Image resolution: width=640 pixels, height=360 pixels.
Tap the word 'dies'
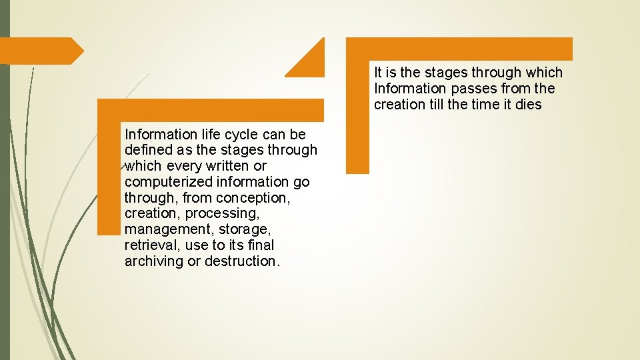pos(529,105)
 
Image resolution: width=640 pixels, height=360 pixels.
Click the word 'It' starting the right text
pos(379,73)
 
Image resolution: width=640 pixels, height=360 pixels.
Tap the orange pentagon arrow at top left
pos(40,51)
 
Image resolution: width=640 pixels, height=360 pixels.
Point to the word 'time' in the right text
pos(489,105)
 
